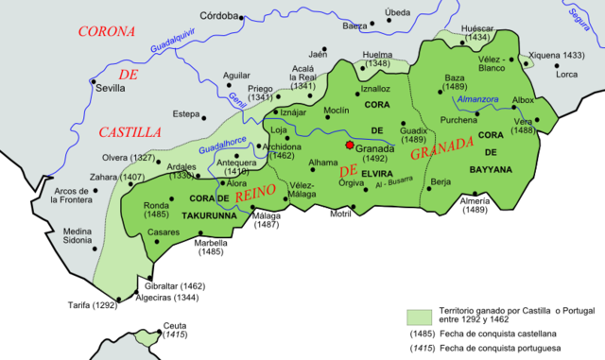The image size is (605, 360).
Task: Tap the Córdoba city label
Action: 219,16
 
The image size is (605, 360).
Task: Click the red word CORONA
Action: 106,32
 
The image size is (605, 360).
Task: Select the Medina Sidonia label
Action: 78,236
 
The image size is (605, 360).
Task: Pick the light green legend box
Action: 420,317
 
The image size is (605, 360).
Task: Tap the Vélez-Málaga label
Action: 302,190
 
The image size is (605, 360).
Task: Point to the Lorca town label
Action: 567,74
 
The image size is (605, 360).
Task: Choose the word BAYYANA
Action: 491,169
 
